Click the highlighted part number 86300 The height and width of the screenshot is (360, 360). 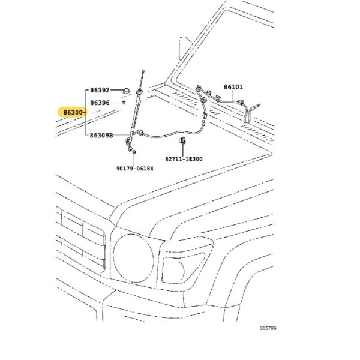pyautogui.click(x=73, y=113)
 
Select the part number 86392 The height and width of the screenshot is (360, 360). pyautogui.click(x=100, y=90)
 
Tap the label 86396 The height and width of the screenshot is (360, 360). pyautogui.click(x=100, y=103)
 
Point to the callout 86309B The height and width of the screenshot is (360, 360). pyautogui.click(x=101, y=136)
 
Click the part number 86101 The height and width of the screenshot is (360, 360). pyautogui.click(x=233, y=87)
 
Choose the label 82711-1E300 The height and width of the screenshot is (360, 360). pyautogui.click(x=184, y=159)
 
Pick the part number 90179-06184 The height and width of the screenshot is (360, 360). pyautogui.click(x=135, y=169)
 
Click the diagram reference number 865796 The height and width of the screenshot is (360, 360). pyautogui.click(x=268, y=328)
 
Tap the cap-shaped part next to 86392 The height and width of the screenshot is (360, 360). pyautogui.click(x=126, y=91)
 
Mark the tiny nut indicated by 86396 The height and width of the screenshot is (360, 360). pyautogui.click(x=124, y=103)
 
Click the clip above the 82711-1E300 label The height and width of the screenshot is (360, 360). pyautogui.click(x=182, y=140)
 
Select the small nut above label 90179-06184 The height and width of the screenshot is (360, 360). pyautogui.click(x=134, y=152)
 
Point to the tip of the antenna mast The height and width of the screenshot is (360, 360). pyautogui.click(x=143, y=70)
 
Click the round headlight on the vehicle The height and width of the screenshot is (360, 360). pyautogui.click(x=134, y=258)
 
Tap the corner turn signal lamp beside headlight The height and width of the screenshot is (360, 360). pyautogui.click(x=181, y=268)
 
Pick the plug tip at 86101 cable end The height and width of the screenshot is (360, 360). pyautogui.click(x=257, y=106)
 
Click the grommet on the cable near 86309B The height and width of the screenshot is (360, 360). pyautogui.click(x=140, y=133)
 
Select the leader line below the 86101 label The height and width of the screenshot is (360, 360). pyautogui.click(x=233, y=96)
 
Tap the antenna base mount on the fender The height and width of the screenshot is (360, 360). pyautogui.click(x=139, y=92)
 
